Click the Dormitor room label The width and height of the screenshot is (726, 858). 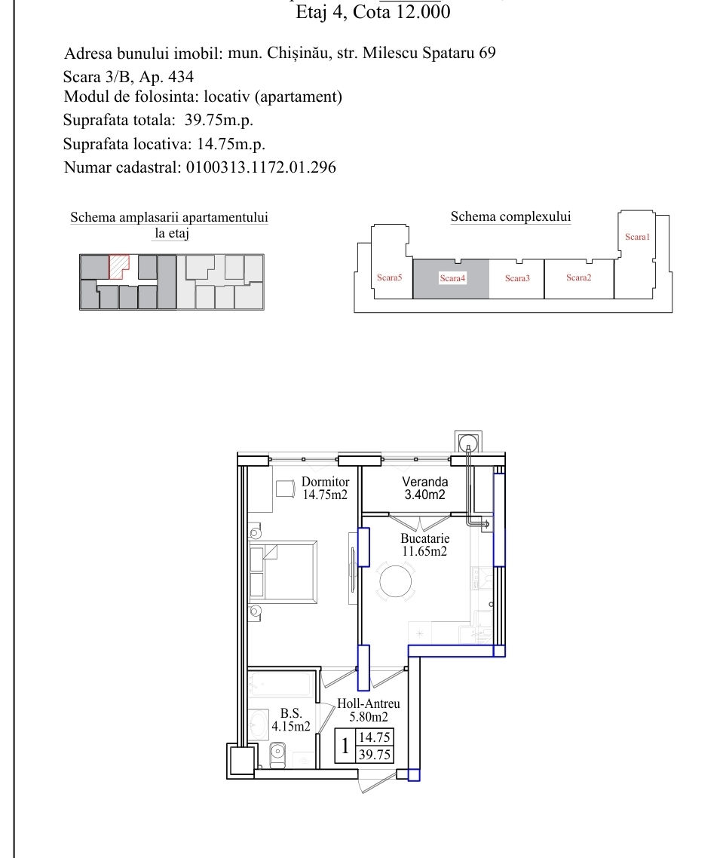[325, 488]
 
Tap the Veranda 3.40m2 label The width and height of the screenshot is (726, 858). [425, 488]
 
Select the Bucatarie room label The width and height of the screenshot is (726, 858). [425, 544]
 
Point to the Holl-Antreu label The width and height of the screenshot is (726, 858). [368, 710]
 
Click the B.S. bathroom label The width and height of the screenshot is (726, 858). [291, 719]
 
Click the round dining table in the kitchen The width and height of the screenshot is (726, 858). [396, 581]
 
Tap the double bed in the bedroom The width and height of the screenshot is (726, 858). [283, 571]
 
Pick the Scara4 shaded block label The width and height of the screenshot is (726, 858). [452, 278]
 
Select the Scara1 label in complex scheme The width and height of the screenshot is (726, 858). [637, 237]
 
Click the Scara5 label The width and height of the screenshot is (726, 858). [390, 277]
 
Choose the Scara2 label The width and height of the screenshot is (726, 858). [579, 277]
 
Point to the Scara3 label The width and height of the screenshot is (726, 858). [518, 278]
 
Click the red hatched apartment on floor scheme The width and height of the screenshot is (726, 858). [118, 266]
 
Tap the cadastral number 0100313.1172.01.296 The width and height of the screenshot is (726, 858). [261, 167]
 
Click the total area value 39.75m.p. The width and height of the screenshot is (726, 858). [219, 120]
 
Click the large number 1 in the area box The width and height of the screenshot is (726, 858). [345, 745]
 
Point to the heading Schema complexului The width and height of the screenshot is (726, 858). [510, 216]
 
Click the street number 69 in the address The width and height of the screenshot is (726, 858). [488, 53]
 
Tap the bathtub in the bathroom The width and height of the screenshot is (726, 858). [280, 685]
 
